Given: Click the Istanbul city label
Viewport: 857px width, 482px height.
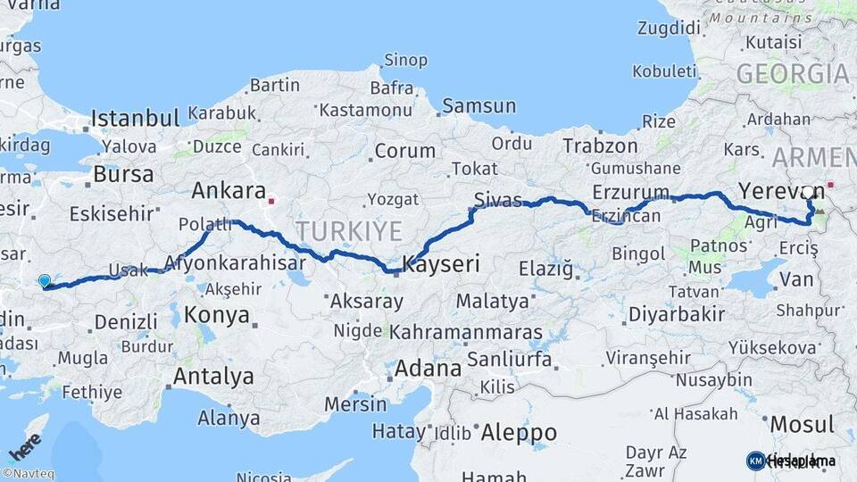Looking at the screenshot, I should pyautogui.click(x=135, y=118).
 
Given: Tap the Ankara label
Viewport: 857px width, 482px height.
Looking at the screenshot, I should pyautogui.click(x=229, y=191).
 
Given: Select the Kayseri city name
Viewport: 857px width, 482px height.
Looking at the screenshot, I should pyautogui.click(x=441, y=264).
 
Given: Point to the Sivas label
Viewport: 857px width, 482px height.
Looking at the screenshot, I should pyautogui.click(x=498, y=199).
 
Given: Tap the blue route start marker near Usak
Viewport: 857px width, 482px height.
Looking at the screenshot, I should pyautogui.click(x=45, y=282).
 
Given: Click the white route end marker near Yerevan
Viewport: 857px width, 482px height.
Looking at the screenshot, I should pyautogui.click(x=809, y=192).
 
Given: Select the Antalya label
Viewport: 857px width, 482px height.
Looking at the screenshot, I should pyautogui.click(x=213, y=376).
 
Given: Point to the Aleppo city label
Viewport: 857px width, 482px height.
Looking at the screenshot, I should pyautogui.click(x=519, y=433).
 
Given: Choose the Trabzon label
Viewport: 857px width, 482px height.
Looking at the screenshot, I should pyautogui.click(x=600, y=145).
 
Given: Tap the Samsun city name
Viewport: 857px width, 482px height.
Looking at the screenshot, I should pyautogui.click(x=478, y=106).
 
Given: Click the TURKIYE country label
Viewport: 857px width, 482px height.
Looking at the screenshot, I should pyautogui.click(x=349, y=232).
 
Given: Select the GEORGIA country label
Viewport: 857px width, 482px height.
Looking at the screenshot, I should pyautogui.click(x=792, y=74).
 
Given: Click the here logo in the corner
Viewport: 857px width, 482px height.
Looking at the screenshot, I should pyautogui.click(x=24, y=445).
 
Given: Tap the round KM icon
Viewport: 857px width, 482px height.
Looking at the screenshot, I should pyautogui.click(x=755, y=461).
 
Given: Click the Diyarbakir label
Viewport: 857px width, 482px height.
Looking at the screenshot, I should pyautogui.click(x=676, y=314).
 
